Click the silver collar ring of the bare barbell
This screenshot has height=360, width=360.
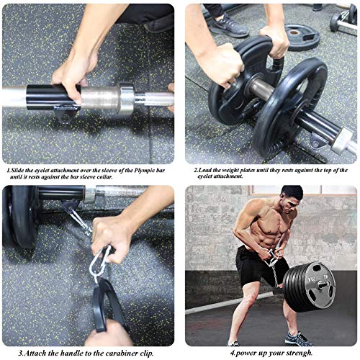tap(126, 97)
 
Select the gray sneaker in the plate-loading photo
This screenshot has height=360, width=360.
tap(230, 26)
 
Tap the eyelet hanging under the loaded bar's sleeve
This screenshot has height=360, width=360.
tap(317, 138)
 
